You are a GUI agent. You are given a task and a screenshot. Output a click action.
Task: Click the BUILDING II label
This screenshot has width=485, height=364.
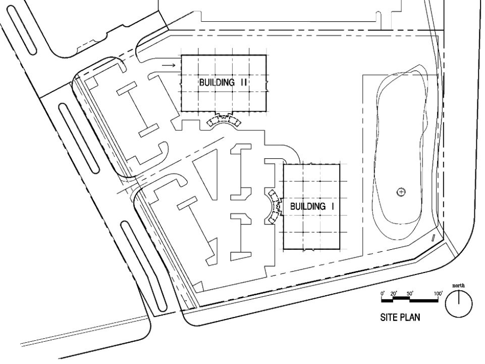pos(223,83)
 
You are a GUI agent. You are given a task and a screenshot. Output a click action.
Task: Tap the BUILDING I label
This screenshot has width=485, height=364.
pos(313,206)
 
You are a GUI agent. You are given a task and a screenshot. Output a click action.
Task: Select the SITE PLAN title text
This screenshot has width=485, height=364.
pos(400,319)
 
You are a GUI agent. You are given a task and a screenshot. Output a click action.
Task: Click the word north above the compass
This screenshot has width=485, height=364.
pos(458,287)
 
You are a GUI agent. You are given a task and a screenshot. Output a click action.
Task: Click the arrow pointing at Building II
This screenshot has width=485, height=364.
pos(169,65)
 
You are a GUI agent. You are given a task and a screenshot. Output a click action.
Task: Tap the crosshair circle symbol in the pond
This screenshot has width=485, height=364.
pos(401,192)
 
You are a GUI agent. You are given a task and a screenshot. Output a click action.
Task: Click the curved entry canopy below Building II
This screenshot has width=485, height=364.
pos(223,121)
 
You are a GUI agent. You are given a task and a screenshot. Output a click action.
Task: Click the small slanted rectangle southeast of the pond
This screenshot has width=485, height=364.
pos(433,237)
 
